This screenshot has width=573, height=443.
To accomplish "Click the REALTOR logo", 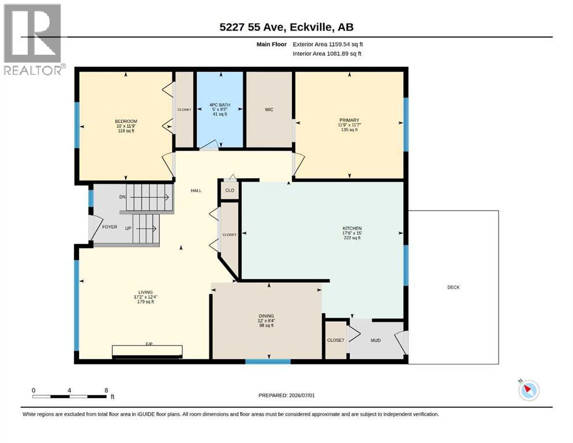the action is pyautogui.click(x=33, y=39).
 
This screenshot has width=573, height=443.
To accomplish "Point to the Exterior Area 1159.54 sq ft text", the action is pyautogui.click(x=328, y=44).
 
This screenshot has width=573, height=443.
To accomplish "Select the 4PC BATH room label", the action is pyautogui.click(x=220, y=105).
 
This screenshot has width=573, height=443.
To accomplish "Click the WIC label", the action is pyautogui.click(x=269, y=110).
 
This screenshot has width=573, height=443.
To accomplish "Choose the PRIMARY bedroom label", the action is pyautogui.click(x=349, y=120).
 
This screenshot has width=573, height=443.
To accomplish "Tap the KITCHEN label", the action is pyautogui.click(x=352, y=228).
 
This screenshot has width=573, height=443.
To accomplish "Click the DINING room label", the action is pyautogui.click(x=266, y=316).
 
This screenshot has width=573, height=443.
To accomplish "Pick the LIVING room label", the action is pyautogui.click(x=145, y=292).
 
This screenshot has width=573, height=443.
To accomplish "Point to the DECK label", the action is pyautogui.click(x=454, y=287).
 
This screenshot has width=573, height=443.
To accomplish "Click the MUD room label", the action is pyautogui.click(x=376, y=340).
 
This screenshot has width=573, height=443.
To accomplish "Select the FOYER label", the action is pyautogui.click(x=110, y=227).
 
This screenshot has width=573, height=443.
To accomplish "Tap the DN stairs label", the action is pyautogui.click(x=122, y=197).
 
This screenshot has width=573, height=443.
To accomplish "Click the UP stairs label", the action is pyautogui.click(x=128, y=228).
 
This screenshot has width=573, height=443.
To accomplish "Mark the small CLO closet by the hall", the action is pyautogui.click(x=230, y=190).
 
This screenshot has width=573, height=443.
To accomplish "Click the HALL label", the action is pyautogui.click(x=196, y=190).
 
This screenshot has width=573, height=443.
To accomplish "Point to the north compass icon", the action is pyautogui.click(x=529, y=390).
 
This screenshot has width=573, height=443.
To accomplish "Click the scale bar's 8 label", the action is pyautogui.click(x=106, y=390).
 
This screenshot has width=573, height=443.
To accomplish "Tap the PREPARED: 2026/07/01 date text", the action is pyautogui.click(x=286, y=395).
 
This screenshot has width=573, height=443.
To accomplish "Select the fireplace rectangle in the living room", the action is pyautogui.click(x=147, y=351).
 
